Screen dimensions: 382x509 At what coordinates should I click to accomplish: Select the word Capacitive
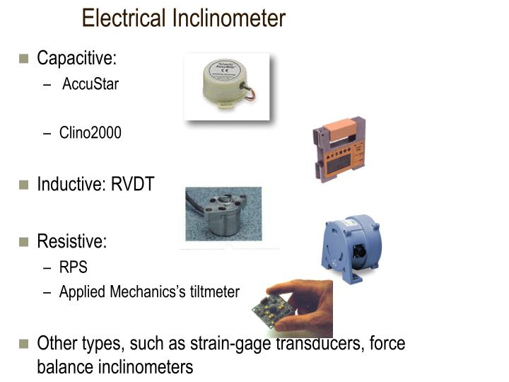(x=76, y=58)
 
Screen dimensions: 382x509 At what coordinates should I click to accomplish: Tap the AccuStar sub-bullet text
(x=90, y=85)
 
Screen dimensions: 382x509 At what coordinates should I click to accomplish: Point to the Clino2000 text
(x=90, y=132)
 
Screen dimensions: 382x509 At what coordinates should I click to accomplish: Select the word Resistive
(x=71, y=241)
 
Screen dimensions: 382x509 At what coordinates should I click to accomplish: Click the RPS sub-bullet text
(x=74, y=268)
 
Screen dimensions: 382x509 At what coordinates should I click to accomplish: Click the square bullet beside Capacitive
(x=23, y=59)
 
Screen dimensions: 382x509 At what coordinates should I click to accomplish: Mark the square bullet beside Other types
(x=23, y=345)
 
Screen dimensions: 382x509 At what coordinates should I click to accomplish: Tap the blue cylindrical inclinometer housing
(x=351, y=244)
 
